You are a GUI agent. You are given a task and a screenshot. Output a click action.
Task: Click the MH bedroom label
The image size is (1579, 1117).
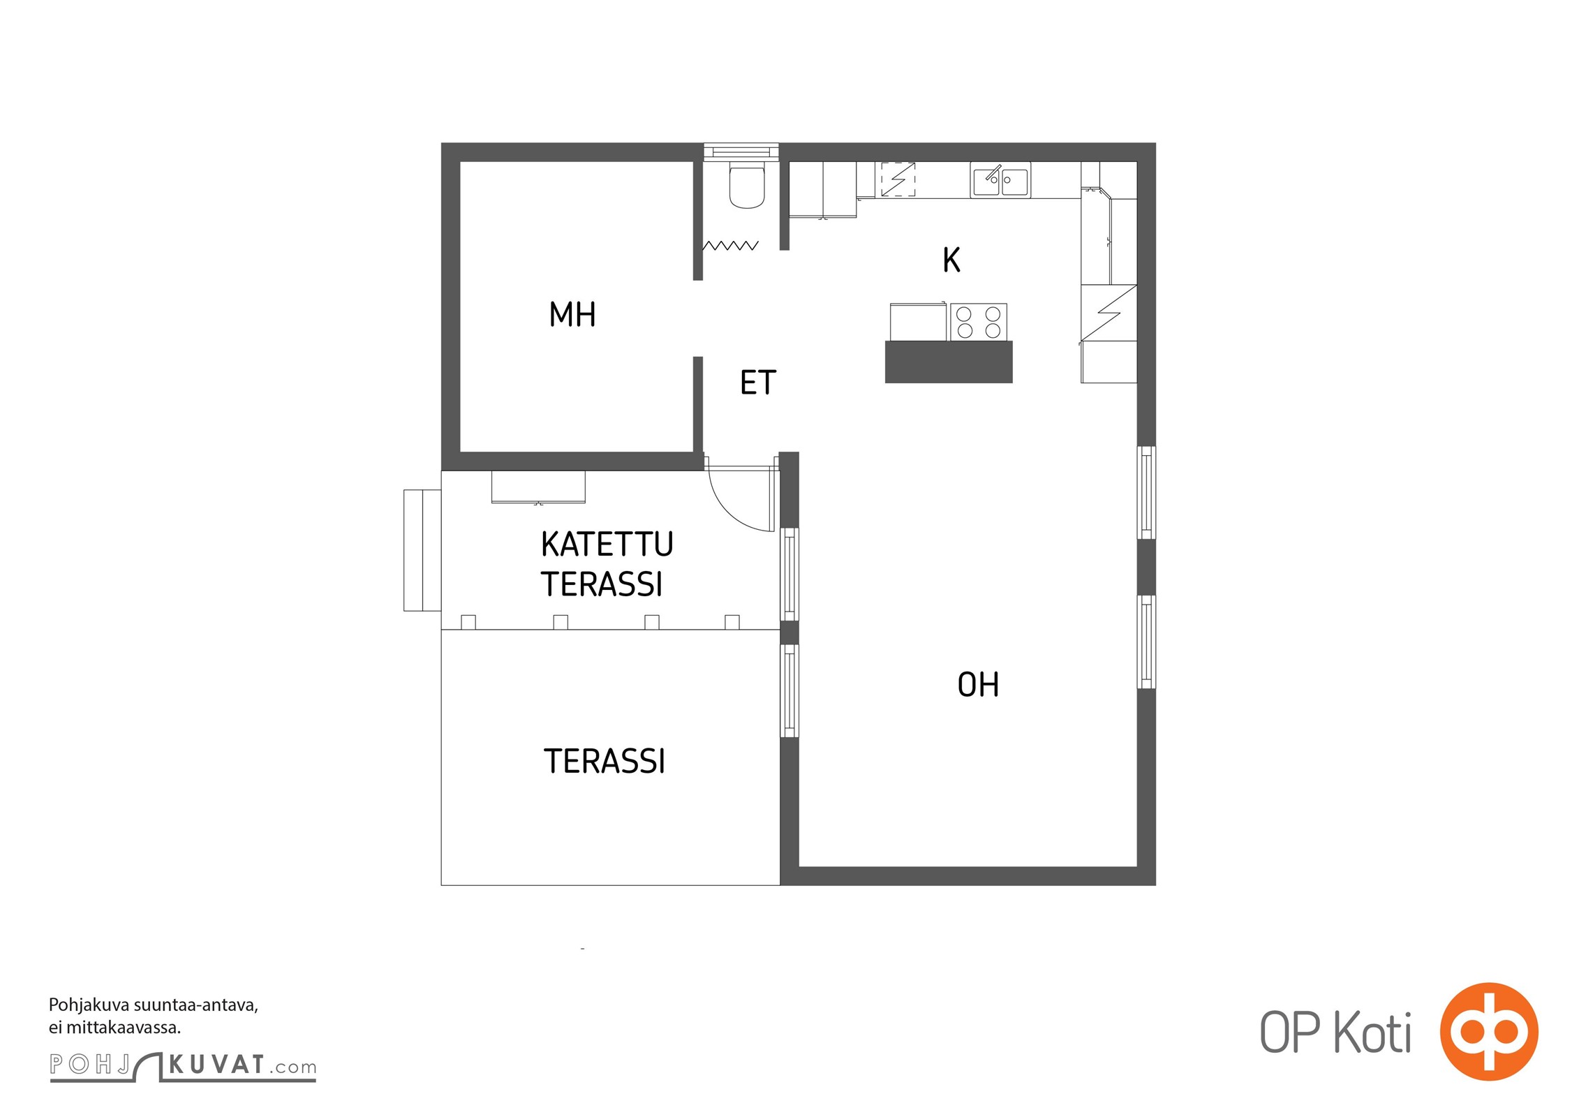click(x=572, y=314)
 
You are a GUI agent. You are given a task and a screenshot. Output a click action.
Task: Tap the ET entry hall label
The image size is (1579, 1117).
click(x=758, y=383)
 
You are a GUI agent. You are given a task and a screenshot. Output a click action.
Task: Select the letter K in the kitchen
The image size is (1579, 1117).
click(x=951, y=260)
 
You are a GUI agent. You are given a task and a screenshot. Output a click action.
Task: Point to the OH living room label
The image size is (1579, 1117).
click(x=978, y=685)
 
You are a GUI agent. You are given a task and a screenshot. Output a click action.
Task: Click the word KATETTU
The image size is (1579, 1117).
click(x=607, y=545)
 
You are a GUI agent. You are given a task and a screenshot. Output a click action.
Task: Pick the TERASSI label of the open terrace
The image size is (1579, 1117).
click(x=605, y=761)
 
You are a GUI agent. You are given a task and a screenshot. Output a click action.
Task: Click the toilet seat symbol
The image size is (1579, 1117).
click(x=747, y=185)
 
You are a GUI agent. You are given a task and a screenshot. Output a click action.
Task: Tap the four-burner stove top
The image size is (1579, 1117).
click(x=979, y=323)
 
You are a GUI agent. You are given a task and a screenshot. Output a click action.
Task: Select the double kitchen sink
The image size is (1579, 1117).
click(x=1000, y=180)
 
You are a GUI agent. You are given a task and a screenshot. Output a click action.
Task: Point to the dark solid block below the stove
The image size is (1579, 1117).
click(x=949, y=362)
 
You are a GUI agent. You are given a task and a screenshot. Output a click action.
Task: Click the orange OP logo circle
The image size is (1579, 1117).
click(x=1489, y=1031)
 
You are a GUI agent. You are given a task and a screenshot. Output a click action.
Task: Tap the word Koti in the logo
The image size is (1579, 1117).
click(x=1373, y=1033)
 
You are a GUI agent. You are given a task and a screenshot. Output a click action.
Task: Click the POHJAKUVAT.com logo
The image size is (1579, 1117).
click(x=183, y=1066)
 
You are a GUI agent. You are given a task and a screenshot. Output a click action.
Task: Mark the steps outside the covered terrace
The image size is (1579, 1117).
click(x=422, y=550)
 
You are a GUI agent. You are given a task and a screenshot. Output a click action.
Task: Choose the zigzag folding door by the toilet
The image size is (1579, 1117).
click(x=730, y=246)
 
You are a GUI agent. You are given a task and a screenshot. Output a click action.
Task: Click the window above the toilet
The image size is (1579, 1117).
click(x=741, y=151)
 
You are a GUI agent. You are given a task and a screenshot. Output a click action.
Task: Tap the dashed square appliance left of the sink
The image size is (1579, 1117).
click(x=898, y=179)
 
